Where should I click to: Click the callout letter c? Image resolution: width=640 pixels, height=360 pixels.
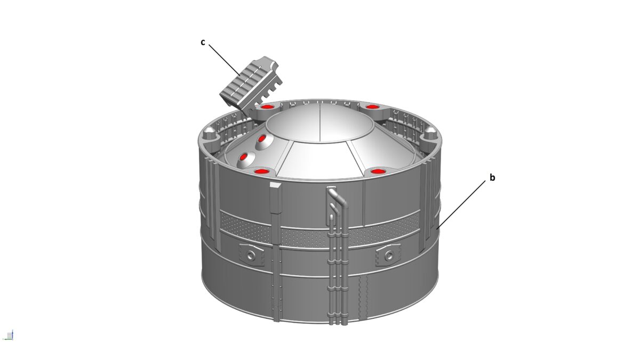(x=203, y=42)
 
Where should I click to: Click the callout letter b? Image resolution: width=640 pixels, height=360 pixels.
(x=492, y=178)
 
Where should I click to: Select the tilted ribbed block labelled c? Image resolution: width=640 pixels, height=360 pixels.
(x=250, y=85)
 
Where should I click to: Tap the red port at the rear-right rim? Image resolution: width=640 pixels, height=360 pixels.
(x=373, y=107)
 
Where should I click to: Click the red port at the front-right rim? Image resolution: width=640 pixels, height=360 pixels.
(x=378, y=172)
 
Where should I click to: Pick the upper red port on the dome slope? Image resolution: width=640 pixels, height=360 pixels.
(x=262, y=141)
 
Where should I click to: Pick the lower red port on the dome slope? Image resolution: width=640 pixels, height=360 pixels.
(x=246, y=158)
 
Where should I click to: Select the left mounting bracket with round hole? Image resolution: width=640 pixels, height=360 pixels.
(x=252, y=254)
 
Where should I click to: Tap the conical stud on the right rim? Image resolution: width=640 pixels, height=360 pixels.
(x=429, y=131)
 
